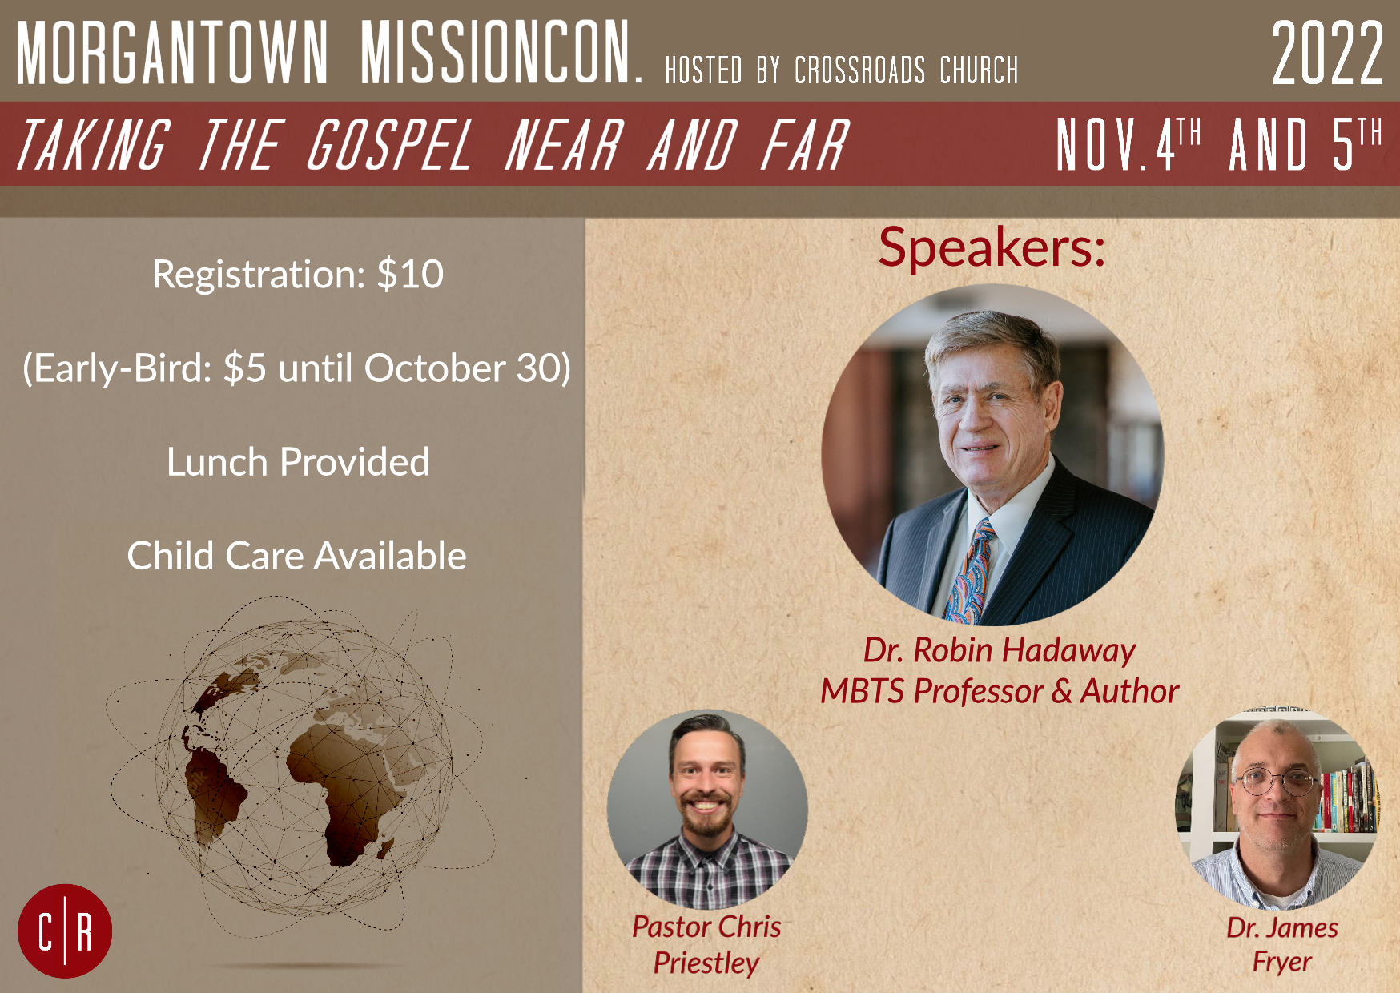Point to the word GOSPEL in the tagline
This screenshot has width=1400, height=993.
389,145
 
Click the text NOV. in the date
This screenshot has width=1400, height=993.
1104,145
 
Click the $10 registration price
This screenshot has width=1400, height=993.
410,275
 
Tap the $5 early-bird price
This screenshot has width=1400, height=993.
245,368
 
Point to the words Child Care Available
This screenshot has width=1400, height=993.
297,556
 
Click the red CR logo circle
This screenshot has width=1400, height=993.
65,931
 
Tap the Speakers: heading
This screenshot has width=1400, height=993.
992,247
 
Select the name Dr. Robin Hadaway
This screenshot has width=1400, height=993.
1000,650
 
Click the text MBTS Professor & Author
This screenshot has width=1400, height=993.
1000,691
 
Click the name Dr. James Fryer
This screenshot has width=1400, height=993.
1282,945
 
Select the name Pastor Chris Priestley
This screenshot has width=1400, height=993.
706,945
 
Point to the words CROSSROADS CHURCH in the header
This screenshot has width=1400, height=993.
907,70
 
